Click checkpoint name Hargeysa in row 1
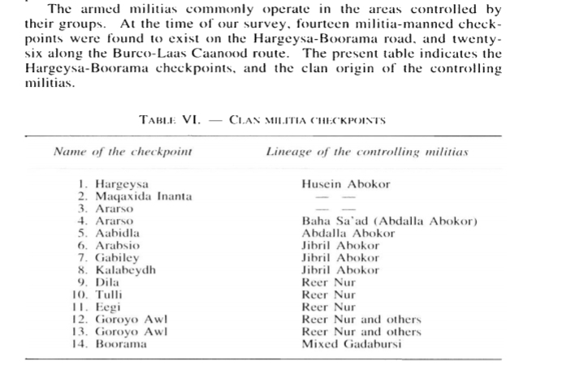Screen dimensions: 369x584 (121, 184)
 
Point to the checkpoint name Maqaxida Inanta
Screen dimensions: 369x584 (140, 196)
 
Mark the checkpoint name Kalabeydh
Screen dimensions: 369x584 (125, 269)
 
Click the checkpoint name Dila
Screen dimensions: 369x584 (107, 282)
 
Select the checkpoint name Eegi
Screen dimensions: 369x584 (109, 307)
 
